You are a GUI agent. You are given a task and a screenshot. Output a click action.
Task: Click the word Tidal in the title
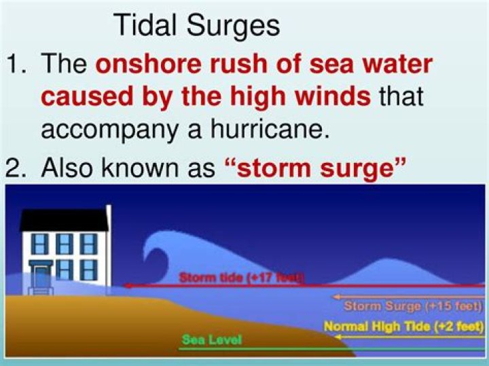click(x=144, y=26)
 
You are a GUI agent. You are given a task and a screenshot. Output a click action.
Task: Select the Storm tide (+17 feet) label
click(x=242, y=277)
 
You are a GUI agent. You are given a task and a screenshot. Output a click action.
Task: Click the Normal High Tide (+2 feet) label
click(x=403, y=327)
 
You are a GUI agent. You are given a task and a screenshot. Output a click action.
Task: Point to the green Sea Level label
click(x=211, y=340)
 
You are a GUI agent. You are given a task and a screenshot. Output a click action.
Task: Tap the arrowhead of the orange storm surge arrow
click(x=334, y=297)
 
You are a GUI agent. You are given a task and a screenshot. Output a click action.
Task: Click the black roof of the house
click(x=65, y=219)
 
